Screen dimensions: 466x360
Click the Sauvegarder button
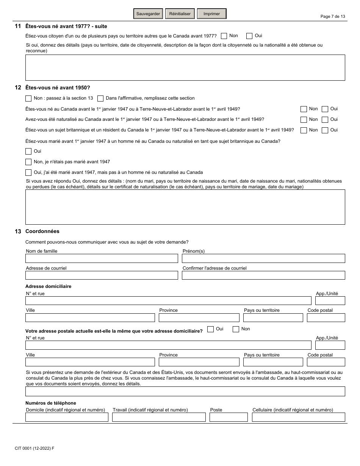148,14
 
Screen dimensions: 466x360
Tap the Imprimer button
211,14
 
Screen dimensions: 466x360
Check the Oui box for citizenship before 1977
249,36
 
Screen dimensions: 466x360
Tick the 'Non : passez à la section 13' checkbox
28,99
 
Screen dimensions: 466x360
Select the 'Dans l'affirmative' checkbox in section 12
100,99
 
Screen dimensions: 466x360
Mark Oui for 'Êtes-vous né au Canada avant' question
325,109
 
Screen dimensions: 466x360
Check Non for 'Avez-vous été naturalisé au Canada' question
304,120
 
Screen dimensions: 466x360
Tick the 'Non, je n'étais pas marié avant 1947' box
28,162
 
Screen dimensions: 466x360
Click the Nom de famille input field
102,258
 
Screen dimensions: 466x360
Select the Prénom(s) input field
263,258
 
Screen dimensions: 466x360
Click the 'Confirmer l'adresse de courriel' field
263,275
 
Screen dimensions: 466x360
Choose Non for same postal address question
236,329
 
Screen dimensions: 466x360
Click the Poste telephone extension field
229,417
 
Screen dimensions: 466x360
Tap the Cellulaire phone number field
298,417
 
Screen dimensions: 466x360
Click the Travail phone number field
159,417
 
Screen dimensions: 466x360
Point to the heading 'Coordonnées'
42,231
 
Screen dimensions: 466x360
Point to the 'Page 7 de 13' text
333,17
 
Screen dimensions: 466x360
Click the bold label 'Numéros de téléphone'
50,403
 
